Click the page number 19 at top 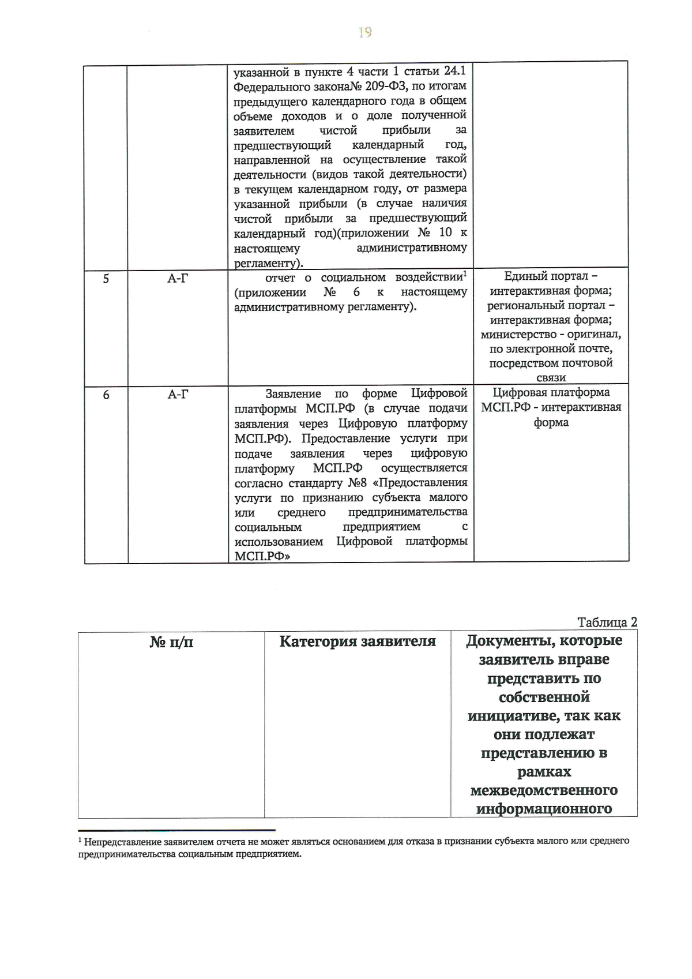[364, 32]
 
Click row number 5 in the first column [106, 279]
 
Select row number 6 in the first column [106, 395]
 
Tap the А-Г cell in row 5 [178, 279]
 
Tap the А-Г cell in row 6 [178, 395]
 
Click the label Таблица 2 [607, 622]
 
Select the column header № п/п [171, 642]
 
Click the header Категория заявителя [358, 642]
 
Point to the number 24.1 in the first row [454, 71]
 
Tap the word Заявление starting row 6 [293, 394]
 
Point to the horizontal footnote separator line [176, 830]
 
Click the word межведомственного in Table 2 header [544, 790]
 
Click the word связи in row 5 [551, 378]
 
